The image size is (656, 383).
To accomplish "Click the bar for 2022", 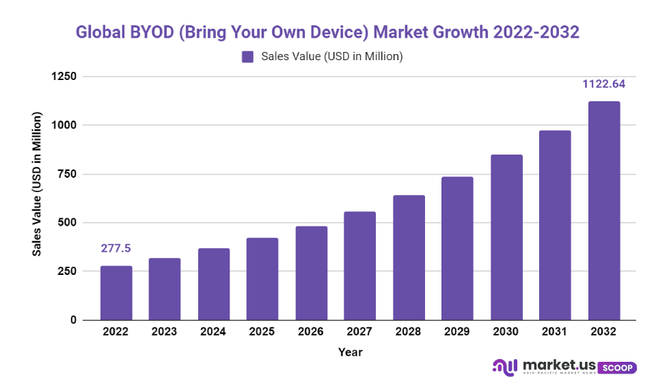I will tap(116, 293).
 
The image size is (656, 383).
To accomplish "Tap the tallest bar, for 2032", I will tap(603, 211).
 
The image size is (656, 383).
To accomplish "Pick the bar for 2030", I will tap(506, 237).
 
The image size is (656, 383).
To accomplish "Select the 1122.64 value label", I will tap(603, 85).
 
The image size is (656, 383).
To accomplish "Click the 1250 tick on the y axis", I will tap(64, 77).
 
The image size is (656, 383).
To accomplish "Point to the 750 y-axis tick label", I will tap(67, 174).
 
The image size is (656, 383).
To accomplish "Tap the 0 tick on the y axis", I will tap(74, 320).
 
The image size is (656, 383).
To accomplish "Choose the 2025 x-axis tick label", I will tap(262, 332).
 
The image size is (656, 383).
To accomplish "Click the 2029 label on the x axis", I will tap(457, 332).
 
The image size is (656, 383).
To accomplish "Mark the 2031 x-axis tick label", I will tap(554, 332).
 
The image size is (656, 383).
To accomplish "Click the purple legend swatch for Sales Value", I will tap(247, 57).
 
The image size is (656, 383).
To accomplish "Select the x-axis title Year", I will tap(350, 352).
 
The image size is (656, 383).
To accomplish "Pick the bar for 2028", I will tap(409, 257).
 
